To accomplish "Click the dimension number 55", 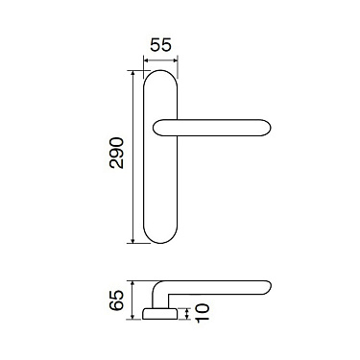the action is tap(160, 45).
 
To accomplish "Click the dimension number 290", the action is tap(116, 153).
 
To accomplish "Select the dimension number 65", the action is tap(116, 300).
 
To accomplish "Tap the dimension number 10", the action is tap(203, 313).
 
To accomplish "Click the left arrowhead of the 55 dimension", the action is tap(146, 60).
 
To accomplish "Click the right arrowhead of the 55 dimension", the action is tap(175, 60).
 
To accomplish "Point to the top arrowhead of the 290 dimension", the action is tap(132, 73).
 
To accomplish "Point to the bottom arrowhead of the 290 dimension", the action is tap(132, 240).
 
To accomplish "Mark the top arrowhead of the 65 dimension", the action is tap(132, 284).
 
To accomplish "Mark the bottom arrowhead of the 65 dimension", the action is tap(132, 316).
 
